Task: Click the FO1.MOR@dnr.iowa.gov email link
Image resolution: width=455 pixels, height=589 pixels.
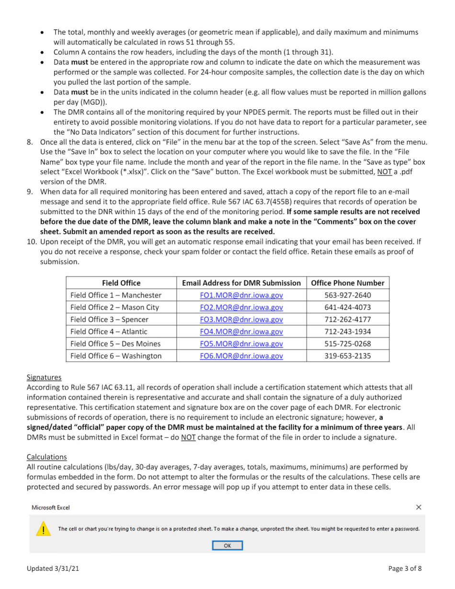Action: coord(241,295)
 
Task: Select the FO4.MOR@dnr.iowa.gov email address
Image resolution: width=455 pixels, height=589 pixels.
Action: coord(241,331)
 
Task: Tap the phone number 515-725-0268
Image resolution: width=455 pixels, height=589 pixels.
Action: coord(347,343)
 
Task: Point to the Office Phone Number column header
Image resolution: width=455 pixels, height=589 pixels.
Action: coord(347,283)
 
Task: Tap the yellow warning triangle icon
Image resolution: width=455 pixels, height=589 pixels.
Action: coord(44,530)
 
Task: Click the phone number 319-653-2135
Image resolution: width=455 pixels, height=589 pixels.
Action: coord(347,356)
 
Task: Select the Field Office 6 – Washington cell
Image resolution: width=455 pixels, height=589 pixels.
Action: coord(115,356)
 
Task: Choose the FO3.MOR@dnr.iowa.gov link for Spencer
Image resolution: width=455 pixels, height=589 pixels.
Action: coord(241,319)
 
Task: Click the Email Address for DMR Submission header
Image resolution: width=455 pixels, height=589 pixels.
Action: coord(241,283)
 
